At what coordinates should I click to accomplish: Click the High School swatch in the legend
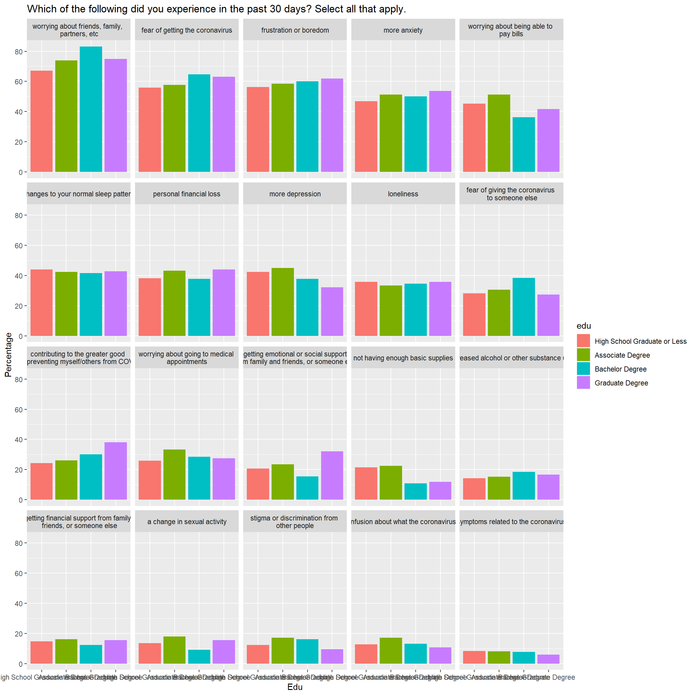click(x=583, y=340)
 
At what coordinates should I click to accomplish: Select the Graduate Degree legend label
click(x=621, y=383)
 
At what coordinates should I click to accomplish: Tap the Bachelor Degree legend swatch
click(x=583, y=369)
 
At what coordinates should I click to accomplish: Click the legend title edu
click(x=584, y=326)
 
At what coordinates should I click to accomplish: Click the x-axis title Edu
click(x=295, y=687)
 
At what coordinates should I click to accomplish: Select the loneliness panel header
click(x=403, y=194)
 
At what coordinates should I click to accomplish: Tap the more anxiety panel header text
click(x=403, y=30)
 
